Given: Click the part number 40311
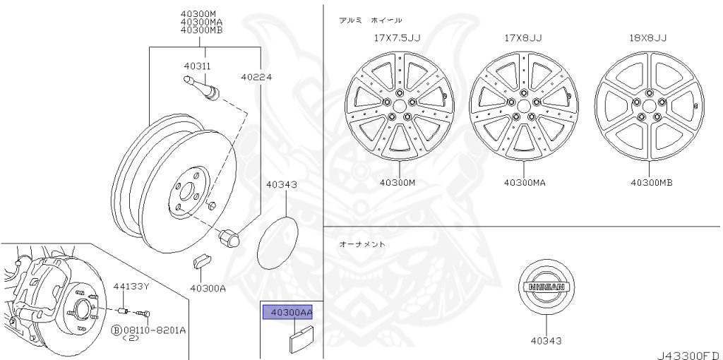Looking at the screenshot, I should tap(198, 66).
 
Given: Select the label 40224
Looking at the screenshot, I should tap(256, 77).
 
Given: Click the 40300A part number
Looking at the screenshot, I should tap(208, 288).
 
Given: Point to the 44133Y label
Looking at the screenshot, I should tap(132, 286).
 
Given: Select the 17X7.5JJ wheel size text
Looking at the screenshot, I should tap(397, 38).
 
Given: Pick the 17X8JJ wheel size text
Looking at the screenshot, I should tap(523, 38).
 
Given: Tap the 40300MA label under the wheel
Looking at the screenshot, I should tap(525, 182).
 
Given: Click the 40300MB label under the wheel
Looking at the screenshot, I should tap(651, 182).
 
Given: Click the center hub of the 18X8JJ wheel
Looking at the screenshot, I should tap(649, 109).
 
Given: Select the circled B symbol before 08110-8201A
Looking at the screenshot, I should tap(117, 330).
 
